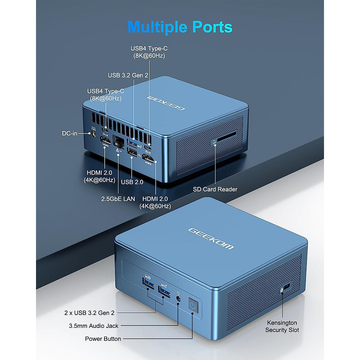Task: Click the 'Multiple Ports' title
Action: pyautogui.click(x=180, y=27)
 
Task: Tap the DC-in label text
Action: pyautogui.click(x=70, y=133)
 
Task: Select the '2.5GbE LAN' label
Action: pyautogui.click(x=118, y=199)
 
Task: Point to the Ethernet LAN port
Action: pyautogui.click(x=118, y=141)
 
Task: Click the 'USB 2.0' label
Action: pyautogui.click(x=132, y=182)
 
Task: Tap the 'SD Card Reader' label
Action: pyautogui.click(x=215, y=189)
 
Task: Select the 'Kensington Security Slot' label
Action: pyautogui.click(x=282, y=326)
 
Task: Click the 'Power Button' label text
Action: pyautogui.click(x=103, y=339)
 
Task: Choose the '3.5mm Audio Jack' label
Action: pyautogui.click(x=94, y=326)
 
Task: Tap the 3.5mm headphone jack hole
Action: pyautogui.click(x=179, y=299)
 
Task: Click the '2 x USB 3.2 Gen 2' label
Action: pyautogui.click(x=89, y=313)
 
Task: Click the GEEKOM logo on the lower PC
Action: pyautogui.click(x=211, y=238)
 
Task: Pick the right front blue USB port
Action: pyautogui.click(x=164, y=290)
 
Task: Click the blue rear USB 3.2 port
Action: pyautogui.click(x=133, y=142)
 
